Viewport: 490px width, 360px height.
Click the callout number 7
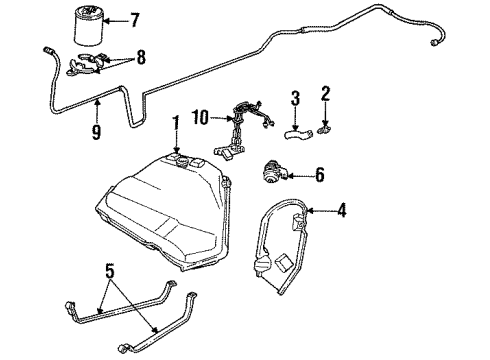coord(135,20)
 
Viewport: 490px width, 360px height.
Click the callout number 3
coord(295,97)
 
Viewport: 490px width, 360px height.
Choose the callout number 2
coord(325,96)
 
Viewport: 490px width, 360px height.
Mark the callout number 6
coord(319,175)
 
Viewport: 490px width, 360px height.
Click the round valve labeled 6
coord(273,171)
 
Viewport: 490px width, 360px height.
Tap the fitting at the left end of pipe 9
coord(48,49)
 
